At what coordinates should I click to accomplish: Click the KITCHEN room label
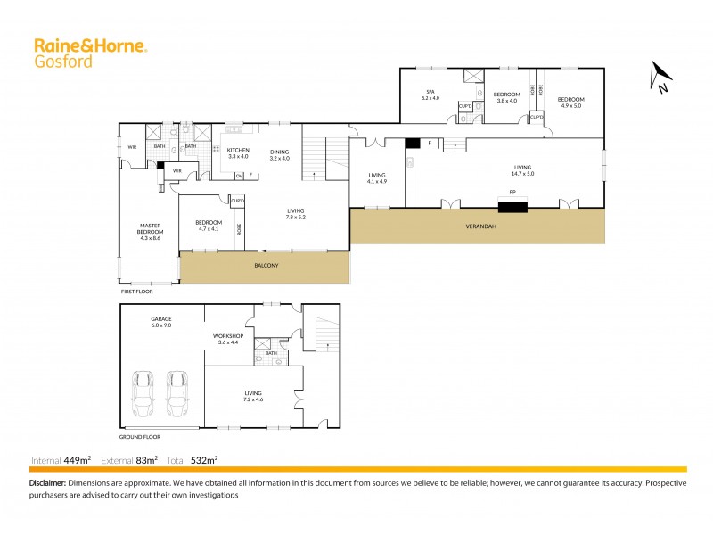[x=238, y=150]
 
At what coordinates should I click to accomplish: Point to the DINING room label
[x=280, y=150]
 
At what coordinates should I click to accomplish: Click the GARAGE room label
[x=161, y=318]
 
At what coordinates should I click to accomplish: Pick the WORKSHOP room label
[x=228, y=336]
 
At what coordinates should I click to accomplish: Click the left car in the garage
[x=143, y=393]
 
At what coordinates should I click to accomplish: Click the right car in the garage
[x=177, y=393]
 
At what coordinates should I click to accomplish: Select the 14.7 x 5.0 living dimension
[x=522, y=174]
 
